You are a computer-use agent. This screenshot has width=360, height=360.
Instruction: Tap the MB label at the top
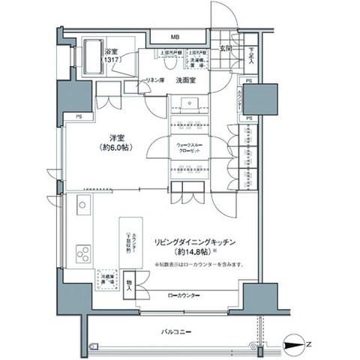point(173,37)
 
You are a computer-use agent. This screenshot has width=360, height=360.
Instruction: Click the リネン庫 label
point(154,79)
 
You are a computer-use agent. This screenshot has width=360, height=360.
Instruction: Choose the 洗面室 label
point(187,79)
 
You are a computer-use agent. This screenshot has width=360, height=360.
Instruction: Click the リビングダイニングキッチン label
point(196,242)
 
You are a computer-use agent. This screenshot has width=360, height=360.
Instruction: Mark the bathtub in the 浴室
point(95,58)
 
